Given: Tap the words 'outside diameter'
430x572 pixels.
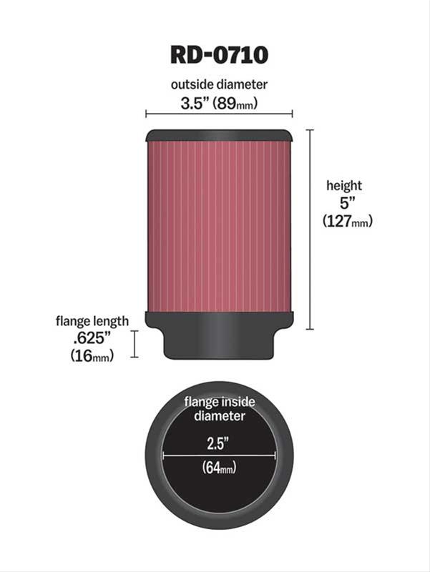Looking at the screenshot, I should click(219, 84).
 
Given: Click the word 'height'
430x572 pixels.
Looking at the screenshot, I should click(344, 185).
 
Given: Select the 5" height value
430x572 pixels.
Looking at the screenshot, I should click(343, 203).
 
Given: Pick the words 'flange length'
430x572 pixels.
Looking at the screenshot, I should click(92, 321).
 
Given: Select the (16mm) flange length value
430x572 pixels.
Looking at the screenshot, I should click(92, 356).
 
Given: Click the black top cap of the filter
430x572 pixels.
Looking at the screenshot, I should click(219, 135).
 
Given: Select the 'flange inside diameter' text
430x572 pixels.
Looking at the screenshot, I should click(219, 408).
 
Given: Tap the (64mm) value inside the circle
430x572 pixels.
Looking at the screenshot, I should click(220, 468).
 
